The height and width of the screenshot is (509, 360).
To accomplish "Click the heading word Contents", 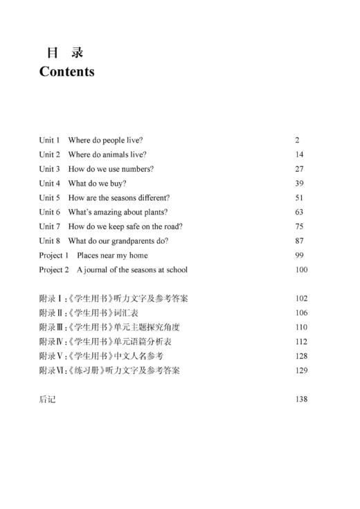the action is tap(66, 71).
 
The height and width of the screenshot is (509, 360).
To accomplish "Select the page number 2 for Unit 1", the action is tap(297, 140).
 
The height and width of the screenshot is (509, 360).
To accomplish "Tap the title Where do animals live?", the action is tap(107, 154).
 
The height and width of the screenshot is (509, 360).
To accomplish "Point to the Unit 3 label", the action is tap(49, 169).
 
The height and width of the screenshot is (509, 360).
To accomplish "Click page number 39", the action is tap(299, 184).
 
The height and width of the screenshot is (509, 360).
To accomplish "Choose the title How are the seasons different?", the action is tap(118, 198).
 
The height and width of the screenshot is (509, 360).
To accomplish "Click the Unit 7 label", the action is tap(49, 226).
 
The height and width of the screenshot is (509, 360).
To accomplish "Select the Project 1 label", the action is tap(53, 256).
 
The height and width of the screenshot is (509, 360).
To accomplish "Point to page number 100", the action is tap(300, 270).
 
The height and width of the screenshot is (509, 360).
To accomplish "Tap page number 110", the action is tap(300, 327).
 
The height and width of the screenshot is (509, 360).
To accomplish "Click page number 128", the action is tap(300, 356).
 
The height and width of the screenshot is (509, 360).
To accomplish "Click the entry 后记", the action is tap(47, 399).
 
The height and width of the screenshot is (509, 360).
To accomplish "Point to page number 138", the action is tap(300, 399).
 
